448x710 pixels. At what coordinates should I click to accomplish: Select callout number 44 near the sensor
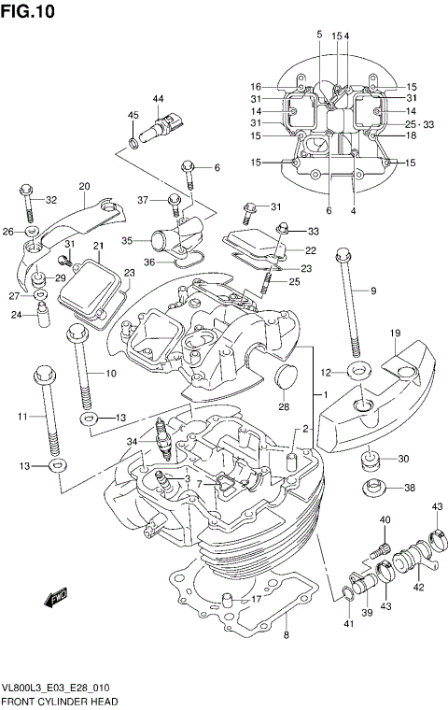tap(158, 99)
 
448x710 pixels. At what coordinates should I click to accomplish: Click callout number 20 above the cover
tap(84, 186)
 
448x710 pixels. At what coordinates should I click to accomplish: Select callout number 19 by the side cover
tap(396, 334)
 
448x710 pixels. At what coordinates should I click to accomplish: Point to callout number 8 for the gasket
tap(287, 636)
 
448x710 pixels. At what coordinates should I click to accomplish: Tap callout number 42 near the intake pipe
tap(418, 587)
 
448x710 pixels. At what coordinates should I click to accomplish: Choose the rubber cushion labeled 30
tap(371, 459)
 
